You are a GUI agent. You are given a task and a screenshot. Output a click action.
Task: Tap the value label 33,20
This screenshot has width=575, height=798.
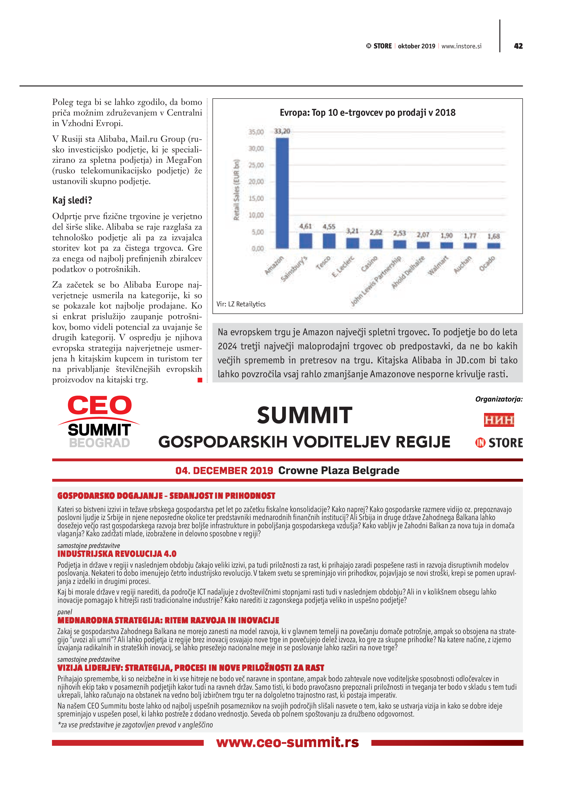tap(282, 131)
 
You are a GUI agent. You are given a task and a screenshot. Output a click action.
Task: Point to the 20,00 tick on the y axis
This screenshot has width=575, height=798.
tap(256, 182)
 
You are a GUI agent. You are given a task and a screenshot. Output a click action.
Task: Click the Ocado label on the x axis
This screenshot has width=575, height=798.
tap(488, 263)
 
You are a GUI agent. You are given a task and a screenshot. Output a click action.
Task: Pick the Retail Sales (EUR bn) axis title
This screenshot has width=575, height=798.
tap(236, 190)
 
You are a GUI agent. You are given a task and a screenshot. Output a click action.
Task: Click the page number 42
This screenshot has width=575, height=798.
tap(518, 46)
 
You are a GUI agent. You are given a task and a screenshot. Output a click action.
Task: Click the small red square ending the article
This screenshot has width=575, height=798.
tap(200, 380)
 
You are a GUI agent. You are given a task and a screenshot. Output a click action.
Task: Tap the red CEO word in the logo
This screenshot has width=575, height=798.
tap(100, 405)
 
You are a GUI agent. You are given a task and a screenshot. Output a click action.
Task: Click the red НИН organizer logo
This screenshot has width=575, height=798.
tap(499, 420)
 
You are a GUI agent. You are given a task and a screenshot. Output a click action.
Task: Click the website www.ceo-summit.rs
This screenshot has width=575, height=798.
tap(287, 742)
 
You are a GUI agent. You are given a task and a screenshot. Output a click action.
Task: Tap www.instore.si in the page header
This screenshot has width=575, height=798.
tap(461, 46)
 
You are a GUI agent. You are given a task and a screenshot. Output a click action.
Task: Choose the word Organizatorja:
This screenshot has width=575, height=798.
tap(499, 399)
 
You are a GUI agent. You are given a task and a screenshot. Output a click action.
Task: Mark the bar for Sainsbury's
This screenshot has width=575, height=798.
tap(305, 241)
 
